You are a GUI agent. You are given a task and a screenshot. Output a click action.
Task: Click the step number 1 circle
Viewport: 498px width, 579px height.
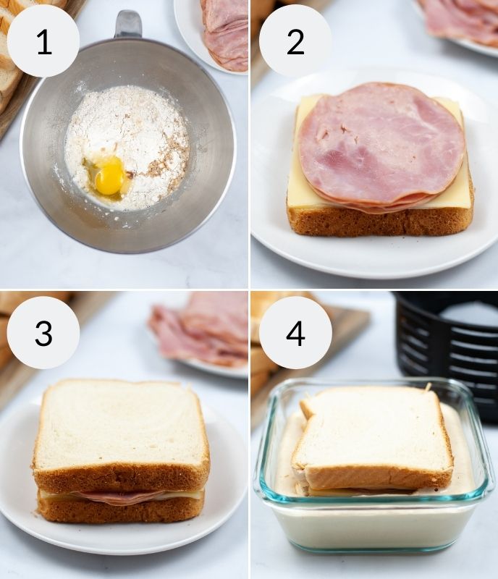pyautogui.click(x=43, y=41)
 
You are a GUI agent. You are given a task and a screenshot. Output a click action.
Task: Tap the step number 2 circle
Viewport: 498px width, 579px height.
pyautogui.click(x=295, y=41)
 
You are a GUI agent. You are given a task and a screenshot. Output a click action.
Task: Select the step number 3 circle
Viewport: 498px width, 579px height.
pyautogui.click(x=43, y=333)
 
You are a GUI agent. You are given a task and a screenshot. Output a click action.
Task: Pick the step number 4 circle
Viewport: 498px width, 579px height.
pyautogui.click(x=295, y=333)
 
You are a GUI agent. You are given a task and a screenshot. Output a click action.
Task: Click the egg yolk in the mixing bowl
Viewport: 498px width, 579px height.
pyautogui.click(x=109, y=176)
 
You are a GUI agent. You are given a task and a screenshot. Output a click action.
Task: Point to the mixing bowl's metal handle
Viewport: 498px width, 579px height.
pyautogui.click(x=128, y=24)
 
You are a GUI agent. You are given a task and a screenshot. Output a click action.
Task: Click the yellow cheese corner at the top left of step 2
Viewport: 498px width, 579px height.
pyautogui.click(x=304, y=109)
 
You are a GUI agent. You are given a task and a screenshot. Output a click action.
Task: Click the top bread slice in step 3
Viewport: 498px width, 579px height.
pyautogui.click(x=119, y=427)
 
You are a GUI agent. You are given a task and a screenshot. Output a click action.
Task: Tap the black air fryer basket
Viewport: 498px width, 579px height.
pyautogui.click(x=445, y=340)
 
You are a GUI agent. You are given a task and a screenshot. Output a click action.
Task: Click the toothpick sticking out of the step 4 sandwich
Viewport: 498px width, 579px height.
pyautogui.click(x=428, y=388)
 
